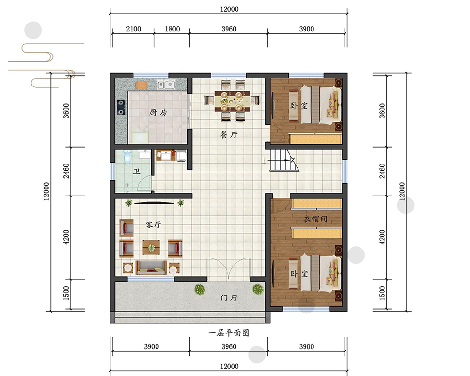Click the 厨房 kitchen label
click(x=158, y=112)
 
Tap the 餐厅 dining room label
click(x=229, y=134)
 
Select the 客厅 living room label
click(x=153, y=225)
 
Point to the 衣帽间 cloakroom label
click(x=315, y=219)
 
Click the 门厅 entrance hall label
click(x=229, y=298)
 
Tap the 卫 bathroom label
click(x=137, y=172)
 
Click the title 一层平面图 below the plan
click(x=229, y=333)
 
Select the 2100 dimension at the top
click(x=133, y=29)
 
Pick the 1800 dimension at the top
click(x=172, y=29)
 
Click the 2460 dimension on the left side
click(x=66, y=171)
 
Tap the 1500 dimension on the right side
click(x=382, y=293)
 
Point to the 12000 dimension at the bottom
click(x=229, y=367)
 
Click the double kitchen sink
click(x=166, y=85)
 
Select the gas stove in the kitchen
click(x=121, y=107)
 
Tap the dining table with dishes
click(x=232, y=101)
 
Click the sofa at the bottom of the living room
click(x=151, y=268)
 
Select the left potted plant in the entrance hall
click(x=200, y=290)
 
